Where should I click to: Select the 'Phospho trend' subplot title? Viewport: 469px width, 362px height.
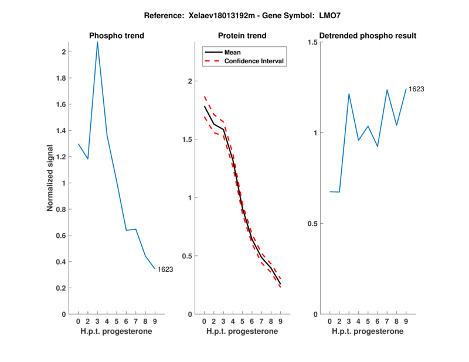(x=117, y=36)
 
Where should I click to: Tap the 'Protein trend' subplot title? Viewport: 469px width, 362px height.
(x=242, y=36)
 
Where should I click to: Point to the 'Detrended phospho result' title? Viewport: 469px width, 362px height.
(x=367, y=36)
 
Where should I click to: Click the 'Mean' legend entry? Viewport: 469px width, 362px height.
(x=232, y=52)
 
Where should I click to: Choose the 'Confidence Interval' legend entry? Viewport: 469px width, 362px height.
(x=254, y=61)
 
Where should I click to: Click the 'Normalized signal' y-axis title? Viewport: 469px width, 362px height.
(x=50, y=178)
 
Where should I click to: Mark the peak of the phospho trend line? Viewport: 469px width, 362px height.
(x=97, y=42)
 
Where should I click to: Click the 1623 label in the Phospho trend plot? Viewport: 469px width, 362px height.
(x=165, y=269)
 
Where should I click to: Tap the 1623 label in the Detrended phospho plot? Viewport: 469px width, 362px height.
(x=416, y=89)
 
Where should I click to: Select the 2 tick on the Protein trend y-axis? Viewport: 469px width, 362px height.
(x=189, y=81)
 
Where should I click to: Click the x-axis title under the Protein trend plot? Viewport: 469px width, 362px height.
(x=242, y=332)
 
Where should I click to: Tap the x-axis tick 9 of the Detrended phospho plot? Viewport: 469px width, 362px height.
(x=406, y=322)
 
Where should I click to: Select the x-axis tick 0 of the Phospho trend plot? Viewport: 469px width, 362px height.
(x=79, y=322)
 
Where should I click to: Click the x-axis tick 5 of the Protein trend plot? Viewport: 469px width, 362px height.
(x=242, y=322)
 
